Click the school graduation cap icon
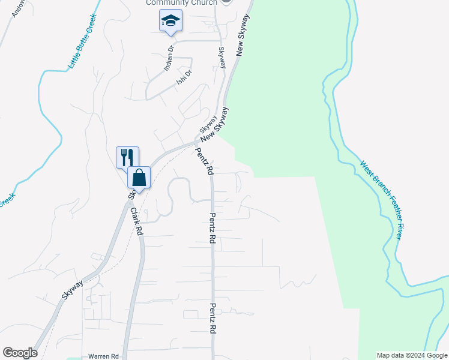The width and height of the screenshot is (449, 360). [171, 22]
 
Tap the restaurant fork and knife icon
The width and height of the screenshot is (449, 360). [127, 157]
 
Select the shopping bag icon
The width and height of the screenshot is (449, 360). [139, 178]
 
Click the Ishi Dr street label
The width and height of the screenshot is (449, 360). [184, 77]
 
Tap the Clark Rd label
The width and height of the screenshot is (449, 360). [136, 221]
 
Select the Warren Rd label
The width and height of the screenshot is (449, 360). [103, 356]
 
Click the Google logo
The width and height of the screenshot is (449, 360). [20, 353]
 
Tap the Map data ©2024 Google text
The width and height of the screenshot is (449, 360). [412, 355]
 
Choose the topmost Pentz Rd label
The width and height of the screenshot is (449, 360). [204, 161]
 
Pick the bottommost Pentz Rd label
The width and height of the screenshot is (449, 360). [212, 318]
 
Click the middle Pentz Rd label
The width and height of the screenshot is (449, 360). [212, 227]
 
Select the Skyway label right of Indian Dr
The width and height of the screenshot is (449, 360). [222, 58]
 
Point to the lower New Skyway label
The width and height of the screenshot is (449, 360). [215, 125]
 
